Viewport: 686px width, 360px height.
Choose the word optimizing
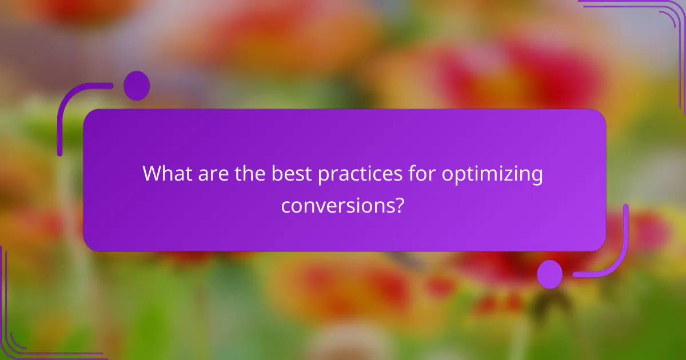click(492, 176)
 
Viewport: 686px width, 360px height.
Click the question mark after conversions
click(401, 204)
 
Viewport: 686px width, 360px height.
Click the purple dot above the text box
click(137, 86)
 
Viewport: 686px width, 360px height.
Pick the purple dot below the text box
click(549, 274)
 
